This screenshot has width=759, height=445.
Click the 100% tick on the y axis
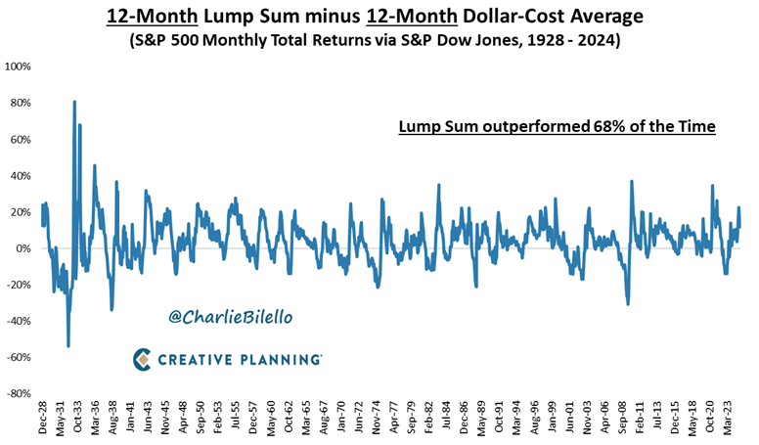(x=19, y=67)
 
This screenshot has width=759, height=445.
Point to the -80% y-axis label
(x=18, y=393)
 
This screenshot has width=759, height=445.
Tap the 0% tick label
(x=24, y=248)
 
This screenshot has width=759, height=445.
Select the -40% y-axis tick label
(x=18, y=321)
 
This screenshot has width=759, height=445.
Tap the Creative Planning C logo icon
(x=142, y=359)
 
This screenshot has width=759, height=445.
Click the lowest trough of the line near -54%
(x=67, y=345)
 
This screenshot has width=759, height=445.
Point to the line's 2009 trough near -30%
(x=627, y=304)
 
